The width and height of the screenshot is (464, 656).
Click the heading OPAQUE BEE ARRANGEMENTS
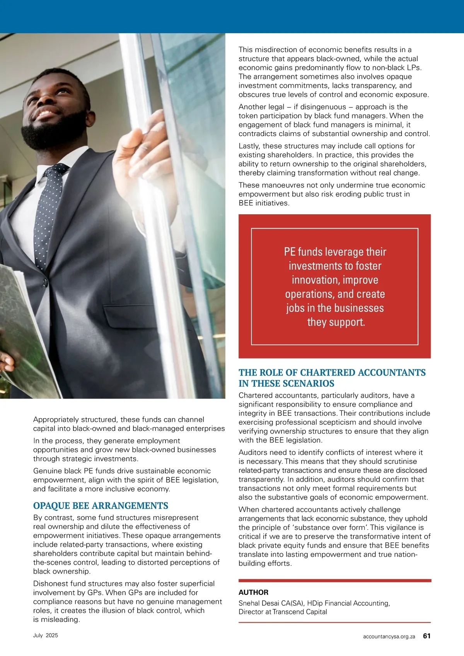click(101, 506)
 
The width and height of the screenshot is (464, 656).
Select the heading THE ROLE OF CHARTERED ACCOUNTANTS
click(332, 372)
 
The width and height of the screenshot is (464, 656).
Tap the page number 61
click(426, 636)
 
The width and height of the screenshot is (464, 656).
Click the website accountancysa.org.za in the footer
click(389, 636)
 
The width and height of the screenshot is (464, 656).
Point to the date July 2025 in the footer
click(45, 635)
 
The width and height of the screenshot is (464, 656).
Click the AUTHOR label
click(253, 592)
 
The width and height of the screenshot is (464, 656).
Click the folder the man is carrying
click(23, 329)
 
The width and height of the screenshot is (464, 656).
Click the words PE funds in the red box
click(304, 252)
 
